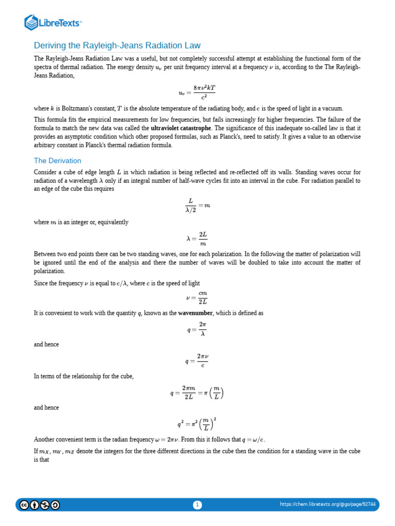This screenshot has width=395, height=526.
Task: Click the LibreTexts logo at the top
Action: coord(53,22)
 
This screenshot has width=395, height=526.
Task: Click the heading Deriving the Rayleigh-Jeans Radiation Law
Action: coord(117,45)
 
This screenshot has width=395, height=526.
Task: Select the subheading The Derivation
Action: coord(58,161)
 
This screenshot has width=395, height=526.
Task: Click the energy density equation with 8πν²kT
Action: coord(197,92)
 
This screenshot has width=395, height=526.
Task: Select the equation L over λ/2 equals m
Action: coord(197,205)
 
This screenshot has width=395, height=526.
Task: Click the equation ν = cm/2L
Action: coord(197,297)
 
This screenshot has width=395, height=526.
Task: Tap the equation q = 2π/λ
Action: coord(197,329)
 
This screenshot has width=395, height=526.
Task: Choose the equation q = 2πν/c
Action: coord(197,360)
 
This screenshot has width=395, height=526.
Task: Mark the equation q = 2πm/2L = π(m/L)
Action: coord(197,393)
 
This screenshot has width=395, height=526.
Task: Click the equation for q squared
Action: coord(197,424)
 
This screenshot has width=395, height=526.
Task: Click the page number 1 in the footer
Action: coord(197,505)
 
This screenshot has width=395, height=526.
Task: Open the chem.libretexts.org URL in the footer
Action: coord(328,504)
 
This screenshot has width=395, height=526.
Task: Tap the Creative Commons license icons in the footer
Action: coord(39,505)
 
